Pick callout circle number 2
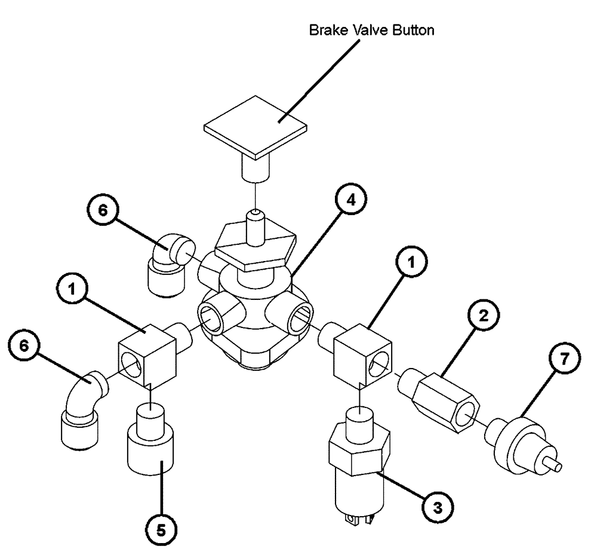pyautogui.click(x=484, y=317)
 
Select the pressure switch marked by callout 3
pyautogui.click(x=358, y=460)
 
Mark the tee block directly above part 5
pyautogui.click(x=148, y=358)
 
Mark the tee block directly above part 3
pyautogui.click(x=362, y=355)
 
